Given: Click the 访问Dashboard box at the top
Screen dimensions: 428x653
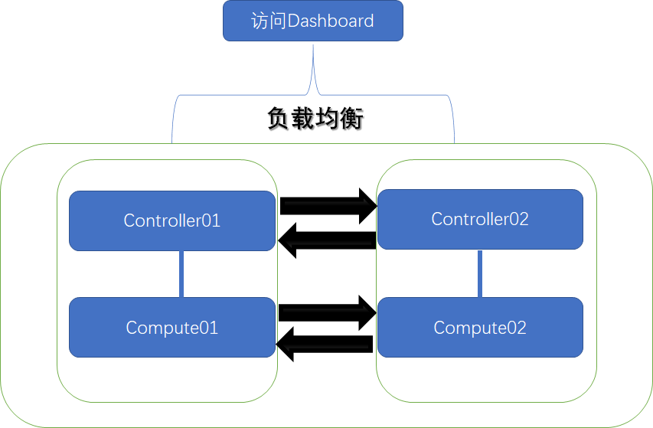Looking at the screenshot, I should pyautogui.click(x=312, y=21).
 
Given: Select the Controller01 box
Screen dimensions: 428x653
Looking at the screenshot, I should pyautogui.click(x=172, y=221).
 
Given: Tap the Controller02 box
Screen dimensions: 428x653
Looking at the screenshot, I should pyautogui.click(x=480, y=219).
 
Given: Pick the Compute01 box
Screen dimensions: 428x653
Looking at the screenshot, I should pyautogui.click(x=172, y=328).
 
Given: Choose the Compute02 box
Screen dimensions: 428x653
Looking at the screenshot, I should pyautogui.click(x=480, y=328).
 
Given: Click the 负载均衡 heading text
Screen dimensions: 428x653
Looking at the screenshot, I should pyautogui.click(x=315, y=119).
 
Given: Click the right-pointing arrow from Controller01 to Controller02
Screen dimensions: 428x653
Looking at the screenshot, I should pyautogui.click(x=328, y=205).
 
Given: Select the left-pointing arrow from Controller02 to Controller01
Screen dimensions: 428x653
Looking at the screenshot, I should pyautogui.click(x=327, y=241).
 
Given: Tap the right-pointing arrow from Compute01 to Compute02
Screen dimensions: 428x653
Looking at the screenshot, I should pyautogui.click(x=328, y=312).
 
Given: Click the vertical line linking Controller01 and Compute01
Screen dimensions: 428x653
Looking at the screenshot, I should pyautogui.click(x=181, y=274).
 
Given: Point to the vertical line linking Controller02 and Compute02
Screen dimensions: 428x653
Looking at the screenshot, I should pyautogui.click(x=480, y=273).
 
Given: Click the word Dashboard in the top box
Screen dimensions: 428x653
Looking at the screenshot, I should pyautogui.click(x=331, y=21).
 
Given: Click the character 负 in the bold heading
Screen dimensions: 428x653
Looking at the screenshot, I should pyautogui.click(x=279, y=119).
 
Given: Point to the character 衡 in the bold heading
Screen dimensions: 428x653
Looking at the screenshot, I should pyautogui.click(x=351, y=119).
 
